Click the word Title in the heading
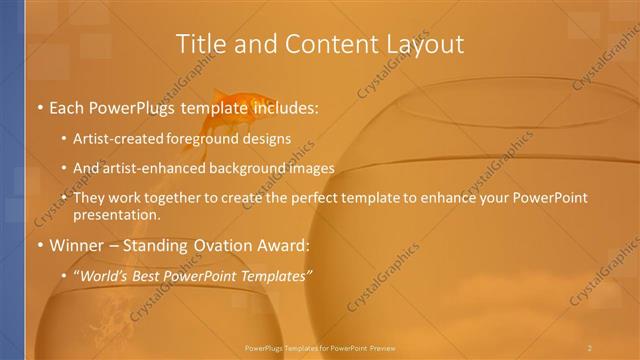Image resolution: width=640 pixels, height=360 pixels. click(198, 44)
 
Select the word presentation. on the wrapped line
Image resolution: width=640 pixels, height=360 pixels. click(117, 214)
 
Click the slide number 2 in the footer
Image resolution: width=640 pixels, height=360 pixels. click(589, 347)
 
